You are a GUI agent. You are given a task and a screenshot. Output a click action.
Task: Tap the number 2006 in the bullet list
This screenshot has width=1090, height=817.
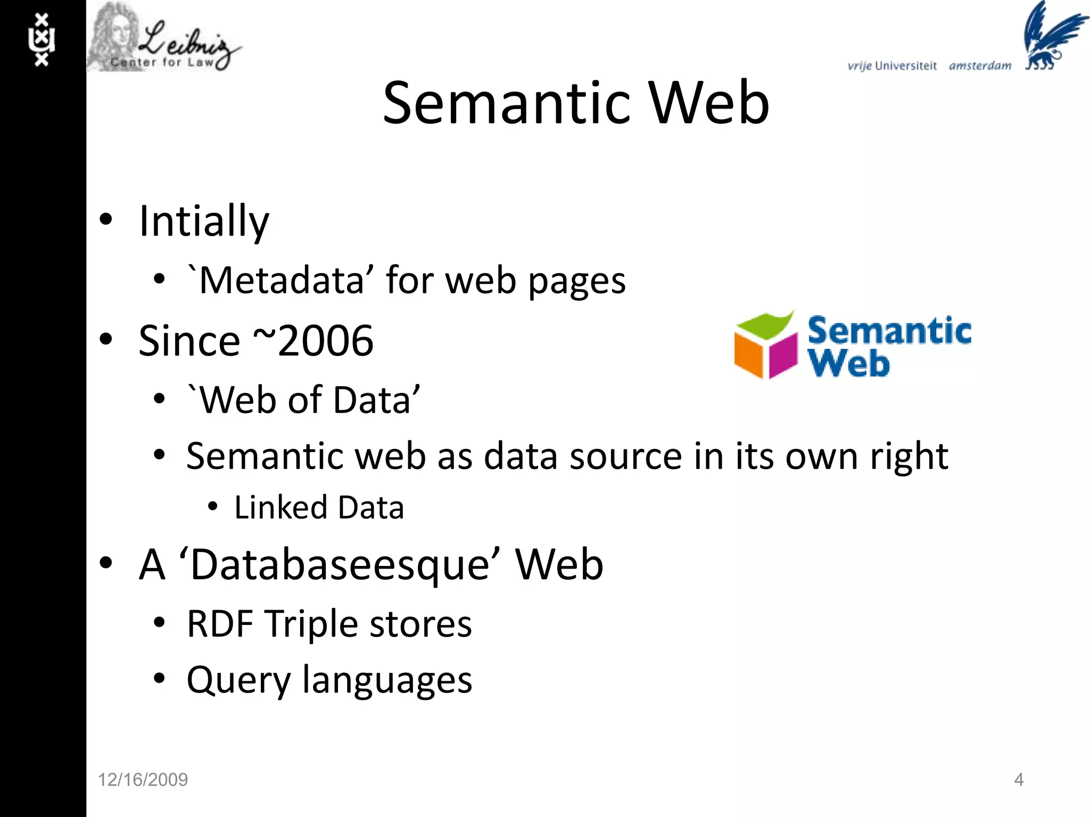pyautogui.click(x=325, y=340)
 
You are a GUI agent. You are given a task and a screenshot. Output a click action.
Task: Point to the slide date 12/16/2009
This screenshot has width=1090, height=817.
pyautogui.click(x=143, y=780)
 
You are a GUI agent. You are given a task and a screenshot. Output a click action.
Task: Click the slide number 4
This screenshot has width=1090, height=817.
pyautogui.click(x=1019, y=780)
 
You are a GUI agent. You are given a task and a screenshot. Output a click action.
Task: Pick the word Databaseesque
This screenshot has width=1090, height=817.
pyautogui.click(x=340, y=564)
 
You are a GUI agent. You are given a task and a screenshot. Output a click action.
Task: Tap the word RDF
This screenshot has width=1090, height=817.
pyautogui.click(x=220, y=623)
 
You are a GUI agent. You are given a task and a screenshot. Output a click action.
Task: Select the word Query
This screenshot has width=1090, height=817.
pyautogui.click(x=238, y=680)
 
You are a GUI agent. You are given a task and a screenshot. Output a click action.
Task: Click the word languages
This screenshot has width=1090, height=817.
pyautogui.click(x=387, y=680)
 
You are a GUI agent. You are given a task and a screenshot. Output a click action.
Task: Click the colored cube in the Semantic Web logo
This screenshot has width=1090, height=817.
pyautogui.click(x=765, y=346)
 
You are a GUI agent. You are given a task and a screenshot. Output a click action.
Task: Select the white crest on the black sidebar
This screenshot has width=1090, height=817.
pyautogui.click(x=42, y=40)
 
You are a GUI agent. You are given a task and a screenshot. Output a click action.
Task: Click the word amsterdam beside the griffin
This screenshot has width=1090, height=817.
pyautogui.click(x=980, y=66)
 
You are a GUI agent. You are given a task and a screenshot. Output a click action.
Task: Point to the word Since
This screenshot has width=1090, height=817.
pyautogui.click(x=189, y=340)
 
